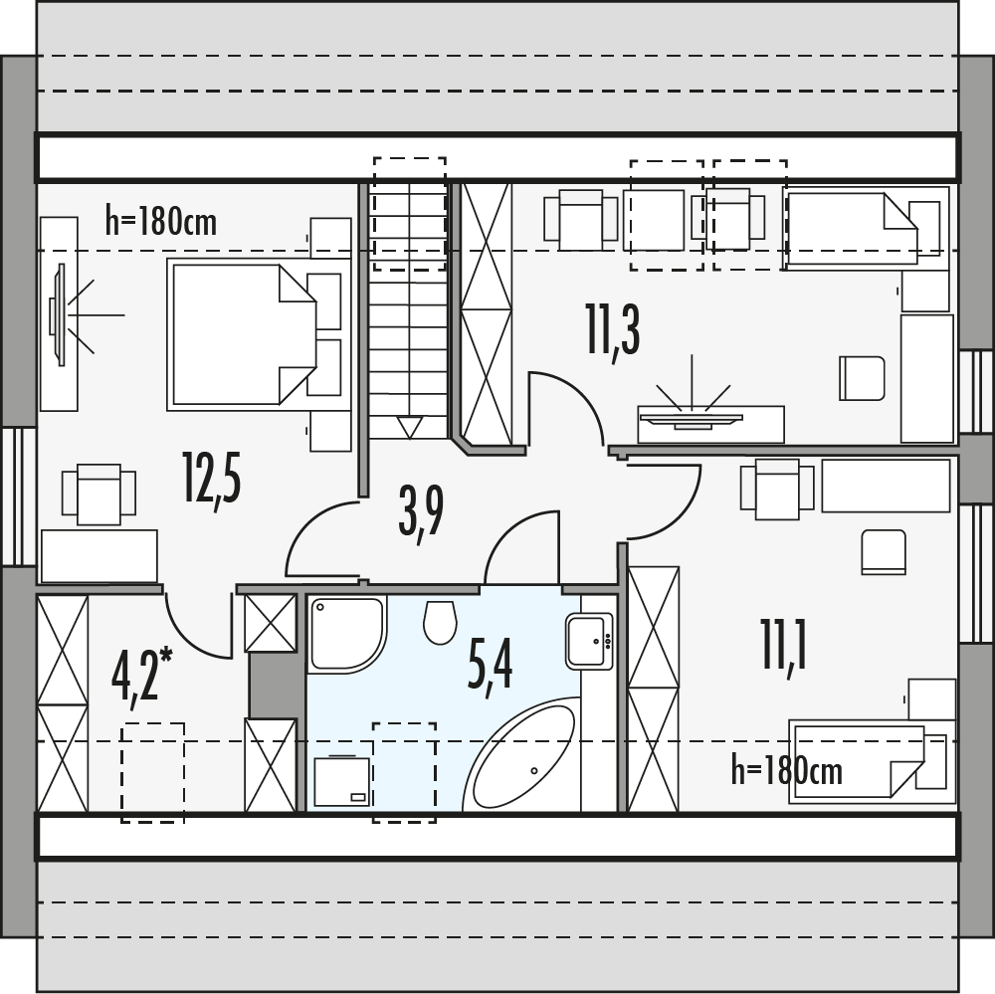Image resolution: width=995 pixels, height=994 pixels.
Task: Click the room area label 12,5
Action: pyautogui.click(x=212, y=480)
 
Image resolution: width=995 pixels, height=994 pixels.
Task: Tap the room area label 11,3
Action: pyautogui.click(x=613, y=331)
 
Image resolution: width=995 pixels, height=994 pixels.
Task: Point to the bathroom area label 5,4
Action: pyautogui.click(x=490, y=668)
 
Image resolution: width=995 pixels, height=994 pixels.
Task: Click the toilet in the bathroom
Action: pyautogui.click(x=439, y=621)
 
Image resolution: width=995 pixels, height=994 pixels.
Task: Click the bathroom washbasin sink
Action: pyautogui.click(x=588, y=641)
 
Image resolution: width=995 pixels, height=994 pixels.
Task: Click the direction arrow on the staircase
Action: pyautogui.click(x=409, y=427)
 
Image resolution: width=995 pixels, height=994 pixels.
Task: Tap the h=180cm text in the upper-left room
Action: pyautogui.click(x=161, y=221)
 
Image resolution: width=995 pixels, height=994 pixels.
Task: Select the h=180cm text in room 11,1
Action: pyautogui.click(x=786, y=770)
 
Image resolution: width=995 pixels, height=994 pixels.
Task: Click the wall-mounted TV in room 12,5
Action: pyautogui.click(x=60, y=314)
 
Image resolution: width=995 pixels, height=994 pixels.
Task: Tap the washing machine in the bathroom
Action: pyautogui.click(x=341, y=781)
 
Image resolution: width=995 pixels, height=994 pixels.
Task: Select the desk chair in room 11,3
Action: pyautogui.click(x=862, y=378)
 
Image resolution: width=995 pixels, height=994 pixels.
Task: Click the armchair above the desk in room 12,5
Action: pyautogui.click(x=99, y=494)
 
